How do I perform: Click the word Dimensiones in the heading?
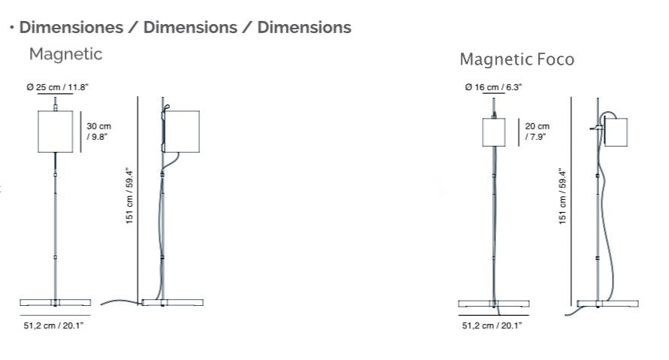pos(71,28)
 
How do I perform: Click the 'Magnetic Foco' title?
pos(516,59)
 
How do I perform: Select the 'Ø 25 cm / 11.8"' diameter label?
pos(57,87)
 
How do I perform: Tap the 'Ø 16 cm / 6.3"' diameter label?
pos(493,87)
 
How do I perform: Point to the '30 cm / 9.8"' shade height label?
pos(99,132)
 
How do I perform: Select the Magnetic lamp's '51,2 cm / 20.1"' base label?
pos(55,325)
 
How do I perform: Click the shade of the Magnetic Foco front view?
pos(493,132)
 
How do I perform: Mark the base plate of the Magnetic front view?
pos(55,302)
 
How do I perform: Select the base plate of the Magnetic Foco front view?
pos(493,304)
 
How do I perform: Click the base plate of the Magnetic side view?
pos(172,302)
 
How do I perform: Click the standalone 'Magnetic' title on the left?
pos(65,54)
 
